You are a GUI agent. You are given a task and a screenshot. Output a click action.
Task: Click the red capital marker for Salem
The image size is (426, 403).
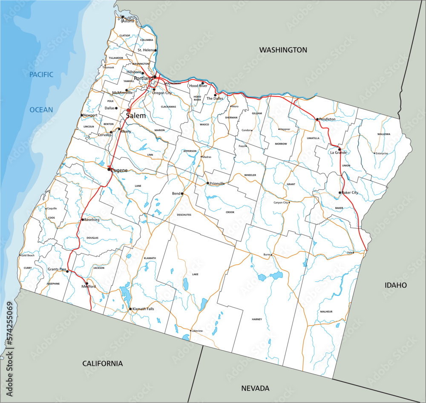point(128,110)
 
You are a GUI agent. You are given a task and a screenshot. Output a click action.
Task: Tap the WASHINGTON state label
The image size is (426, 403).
point(283,50)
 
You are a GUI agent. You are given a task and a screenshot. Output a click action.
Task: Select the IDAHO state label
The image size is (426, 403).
point(395,285)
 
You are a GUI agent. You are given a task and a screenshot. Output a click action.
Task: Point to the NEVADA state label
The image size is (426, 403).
point(255,388)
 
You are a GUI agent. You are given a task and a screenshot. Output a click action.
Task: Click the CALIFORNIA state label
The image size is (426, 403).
point(102,363)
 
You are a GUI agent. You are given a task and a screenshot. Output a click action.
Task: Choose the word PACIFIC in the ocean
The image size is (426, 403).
point(41,74)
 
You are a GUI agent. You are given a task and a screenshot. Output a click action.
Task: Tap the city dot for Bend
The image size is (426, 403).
point(182,194)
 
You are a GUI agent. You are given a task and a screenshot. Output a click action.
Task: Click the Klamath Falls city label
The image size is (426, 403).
point(144,309)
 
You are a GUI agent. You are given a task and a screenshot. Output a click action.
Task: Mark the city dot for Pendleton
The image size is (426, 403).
point(317,119)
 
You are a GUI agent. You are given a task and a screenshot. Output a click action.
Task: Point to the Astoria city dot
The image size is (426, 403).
point(122,17)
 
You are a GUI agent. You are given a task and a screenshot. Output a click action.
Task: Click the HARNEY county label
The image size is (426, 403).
point(257,319)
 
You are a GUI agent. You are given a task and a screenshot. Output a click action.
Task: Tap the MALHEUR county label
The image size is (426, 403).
point(326,312)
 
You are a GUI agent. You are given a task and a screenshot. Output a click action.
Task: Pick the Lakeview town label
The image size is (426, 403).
point(197,331)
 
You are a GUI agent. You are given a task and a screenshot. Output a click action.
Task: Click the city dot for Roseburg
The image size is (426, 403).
point(83,220)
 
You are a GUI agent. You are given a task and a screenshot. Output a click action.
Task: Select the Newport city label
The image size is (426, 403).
point(91,115)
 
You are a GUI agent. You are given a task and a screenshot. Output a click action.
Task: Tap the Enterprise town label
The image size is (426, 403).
point(382,153)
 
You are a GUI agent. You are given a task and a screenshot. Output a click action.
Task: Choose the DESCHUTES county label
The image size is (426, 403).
point(184,215)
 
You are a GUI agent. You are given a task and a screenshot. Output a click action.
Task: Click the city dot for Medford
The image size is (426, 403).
point(87,283)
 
